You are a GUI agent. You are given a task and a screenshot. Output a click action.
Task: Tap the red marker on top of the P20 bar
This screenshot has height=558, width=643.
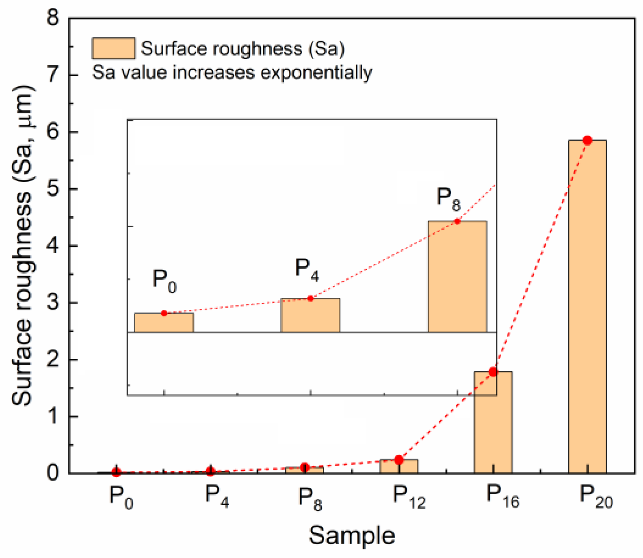[x=587, y=140]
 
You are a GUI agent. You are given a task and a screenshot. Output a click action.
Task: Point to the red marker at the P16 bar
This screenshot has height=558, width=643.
[x=493, y=372]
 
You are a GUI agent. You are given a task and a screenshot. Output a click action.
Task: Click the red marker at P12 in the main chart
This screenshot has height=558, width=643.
[x=398, y=460]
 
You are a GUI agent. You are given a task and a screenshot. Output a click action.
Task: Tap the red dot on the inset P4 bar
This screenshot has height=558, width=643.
[x=310, y=298]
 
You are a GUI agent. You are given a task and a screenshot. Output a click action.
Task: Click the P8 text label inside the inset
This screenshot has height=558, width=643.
[x=448, y=199]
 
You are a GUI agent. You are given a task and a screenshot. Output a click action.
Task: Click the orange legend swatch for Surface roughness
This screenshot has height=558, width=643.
[x=113, y=49]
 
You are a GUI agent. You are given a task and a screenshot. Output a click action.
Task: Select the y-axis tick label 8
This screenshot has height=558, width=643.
[x=53, y=18]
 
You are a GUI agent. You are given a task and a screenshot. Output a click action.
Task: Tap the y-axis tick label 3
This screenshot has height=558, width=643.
[x=53, y=303]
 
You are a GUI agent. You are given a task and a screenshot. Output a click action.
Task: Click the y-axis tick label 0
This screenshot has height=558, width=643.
[x=53, y=473]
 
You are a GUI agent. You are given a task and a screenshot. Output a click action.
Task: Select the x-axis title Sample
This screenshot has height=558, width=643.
[x=351, y=535]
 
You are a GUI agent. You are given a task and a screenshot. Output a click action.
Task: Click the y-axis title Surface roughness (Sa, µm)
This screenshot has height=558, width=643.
[x=22, y=246]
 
